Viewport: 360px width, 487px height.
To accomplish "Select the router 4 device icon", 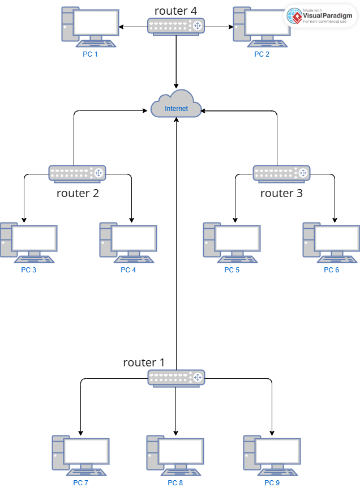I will point(176,25).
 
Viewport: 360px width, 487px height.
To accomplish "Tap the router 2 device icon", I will point(77,173).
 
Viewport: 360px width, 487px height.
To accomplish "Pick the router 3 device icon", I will point(281,173).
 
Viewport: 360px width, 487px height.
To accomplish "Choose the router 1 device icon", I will point(176,378).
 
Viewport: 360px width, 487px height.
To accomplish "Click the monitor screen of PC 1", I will point(95,22).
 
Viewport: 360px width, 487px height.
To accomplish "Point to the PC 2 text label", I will point(262,54).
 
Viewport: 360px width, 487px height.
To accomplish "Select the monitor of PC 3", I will point(35,238).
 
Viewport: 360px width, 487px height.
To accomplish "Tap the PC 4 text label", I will point(128,270).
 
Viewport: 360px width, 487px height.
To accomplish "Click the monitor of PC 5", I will point(238,238).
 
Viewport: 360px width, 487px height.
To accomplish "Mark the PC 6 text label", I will point(332,270).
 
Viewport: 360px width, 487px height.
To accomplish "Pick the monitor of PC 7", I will point(86,451).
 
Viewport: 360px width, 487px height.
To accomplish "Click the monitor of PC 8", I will point(181,451).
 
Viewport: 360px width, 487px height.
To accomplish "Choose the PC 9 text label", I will point(272,483).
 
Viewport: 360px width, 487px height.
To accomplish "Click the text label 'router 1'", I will point(144,362).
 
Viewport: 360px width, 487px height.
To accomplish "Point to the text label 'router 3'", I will point(281,194).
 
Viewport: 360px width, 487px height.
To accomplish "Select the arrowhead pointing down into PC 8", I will point(176,432).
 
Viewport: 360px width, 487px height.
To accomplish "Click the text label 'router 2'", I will point(78,194).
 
